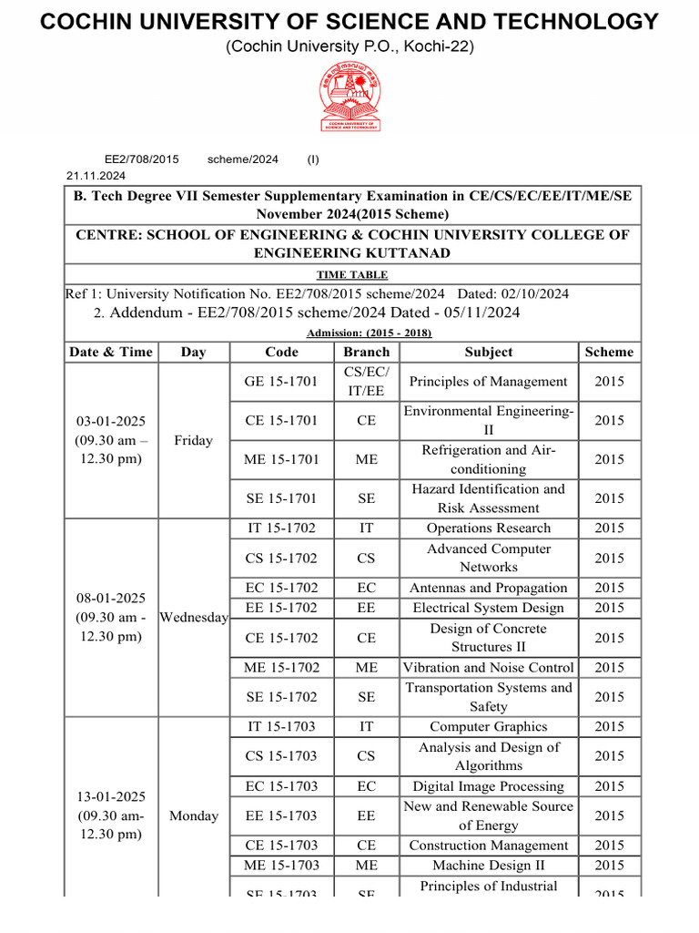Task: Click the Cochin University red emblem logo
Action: point(349,96)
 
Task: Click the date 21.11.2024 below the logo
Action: point(96,176)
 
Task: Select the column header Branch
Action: point(367,352)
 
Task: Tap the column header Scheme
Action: point(609,352)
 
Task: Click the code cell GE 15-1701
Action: point(281,382)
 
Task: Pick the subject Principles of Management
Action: point(489,382)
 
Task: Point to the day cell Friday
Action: point(193,440)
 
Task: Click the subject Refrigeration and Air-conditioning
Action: point(489,459)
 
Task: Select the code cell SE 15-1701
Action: point(281,498)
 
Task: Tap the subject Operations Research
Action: point(489,528)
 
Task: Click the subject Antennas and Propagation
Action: point(489,589)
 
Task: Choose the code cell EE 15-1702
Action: point(281,608)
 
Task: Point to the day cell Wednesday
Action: point(193,618)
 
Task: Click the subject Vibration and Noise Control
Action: point(489,668)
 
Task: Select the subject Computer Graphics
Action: point(489,727)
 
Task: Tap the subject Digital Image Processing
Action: point(489,786)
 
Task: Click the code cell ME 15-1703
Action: point(281,866)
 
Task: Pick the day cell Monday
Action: point(193,815)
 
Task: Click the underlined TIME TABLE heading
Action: point(352,274)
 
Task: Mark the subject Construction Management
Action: point(489,846)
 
